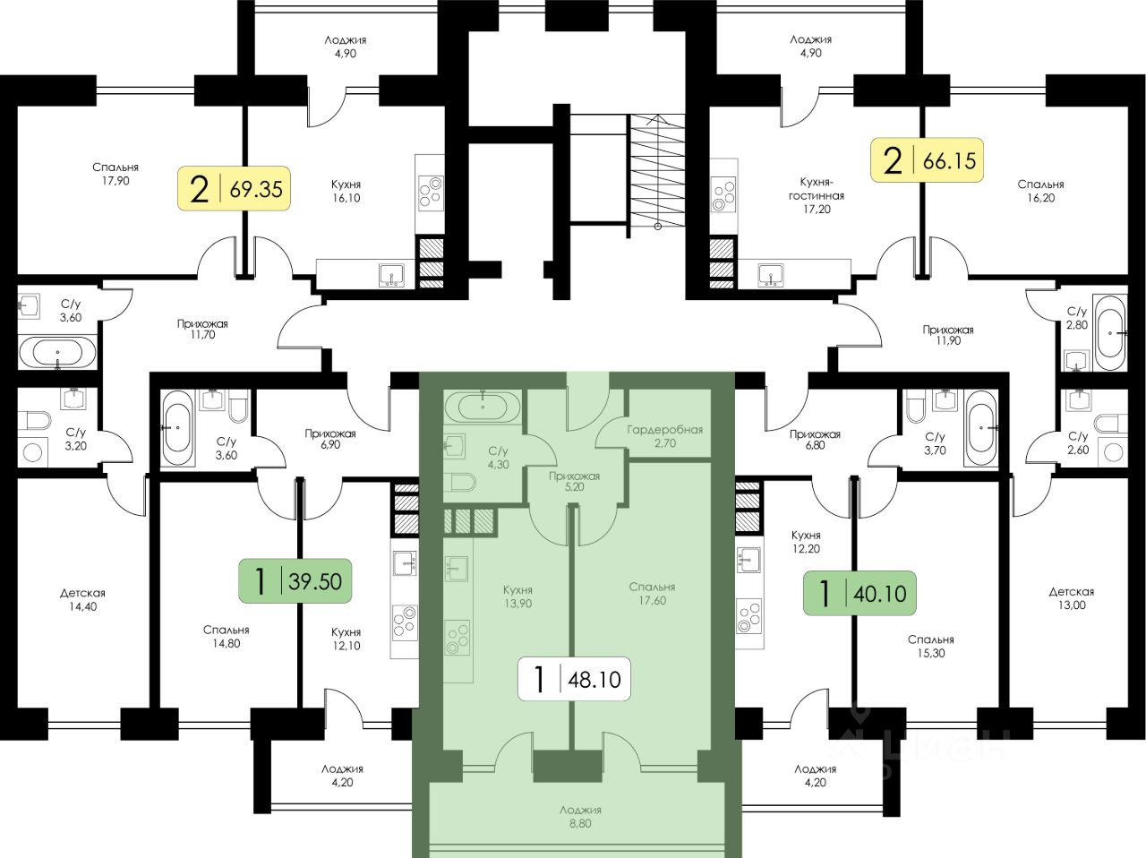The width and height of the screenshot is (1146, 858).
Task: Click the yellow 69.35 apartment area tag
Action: pyautogui.click(x=234, y=189)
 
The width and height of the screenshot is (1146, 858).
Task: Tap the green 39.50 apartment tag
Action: pyautogui.click(x=295, y=581)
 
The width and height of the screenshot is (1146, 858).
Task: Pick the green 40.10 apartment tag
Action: pyautogui.click(x=859, y=592)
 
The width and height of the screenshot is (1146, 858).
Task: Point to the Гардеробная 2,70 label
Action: pyautogui.click(x=665, y=436)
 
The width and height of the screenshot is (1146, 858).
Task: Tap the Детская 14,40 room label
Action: pyautogui.click(x=83, y=600)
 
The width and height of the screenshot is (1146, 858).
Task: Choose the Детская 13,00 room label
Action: pyautogui.click(x=1071, y=598)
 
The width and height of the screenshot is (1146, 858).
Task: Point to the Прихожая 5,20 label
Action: pyautogui.click(x=574, y=483)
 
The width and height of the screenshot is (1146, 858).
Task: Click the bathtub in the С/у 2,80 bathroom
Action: pyautogui.click(x=1110, y=331)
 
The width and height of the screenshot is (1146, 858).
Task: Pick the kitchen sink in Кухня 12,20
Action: pyautogui.click(x=748, y=562)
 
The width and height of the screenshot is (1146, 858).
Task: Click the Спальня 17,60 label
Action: pyautogui.click(x=652, y=594)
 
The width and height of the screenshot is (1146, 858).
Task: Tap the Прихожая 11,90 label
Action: pyautogui.click(x=948, y=335)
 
